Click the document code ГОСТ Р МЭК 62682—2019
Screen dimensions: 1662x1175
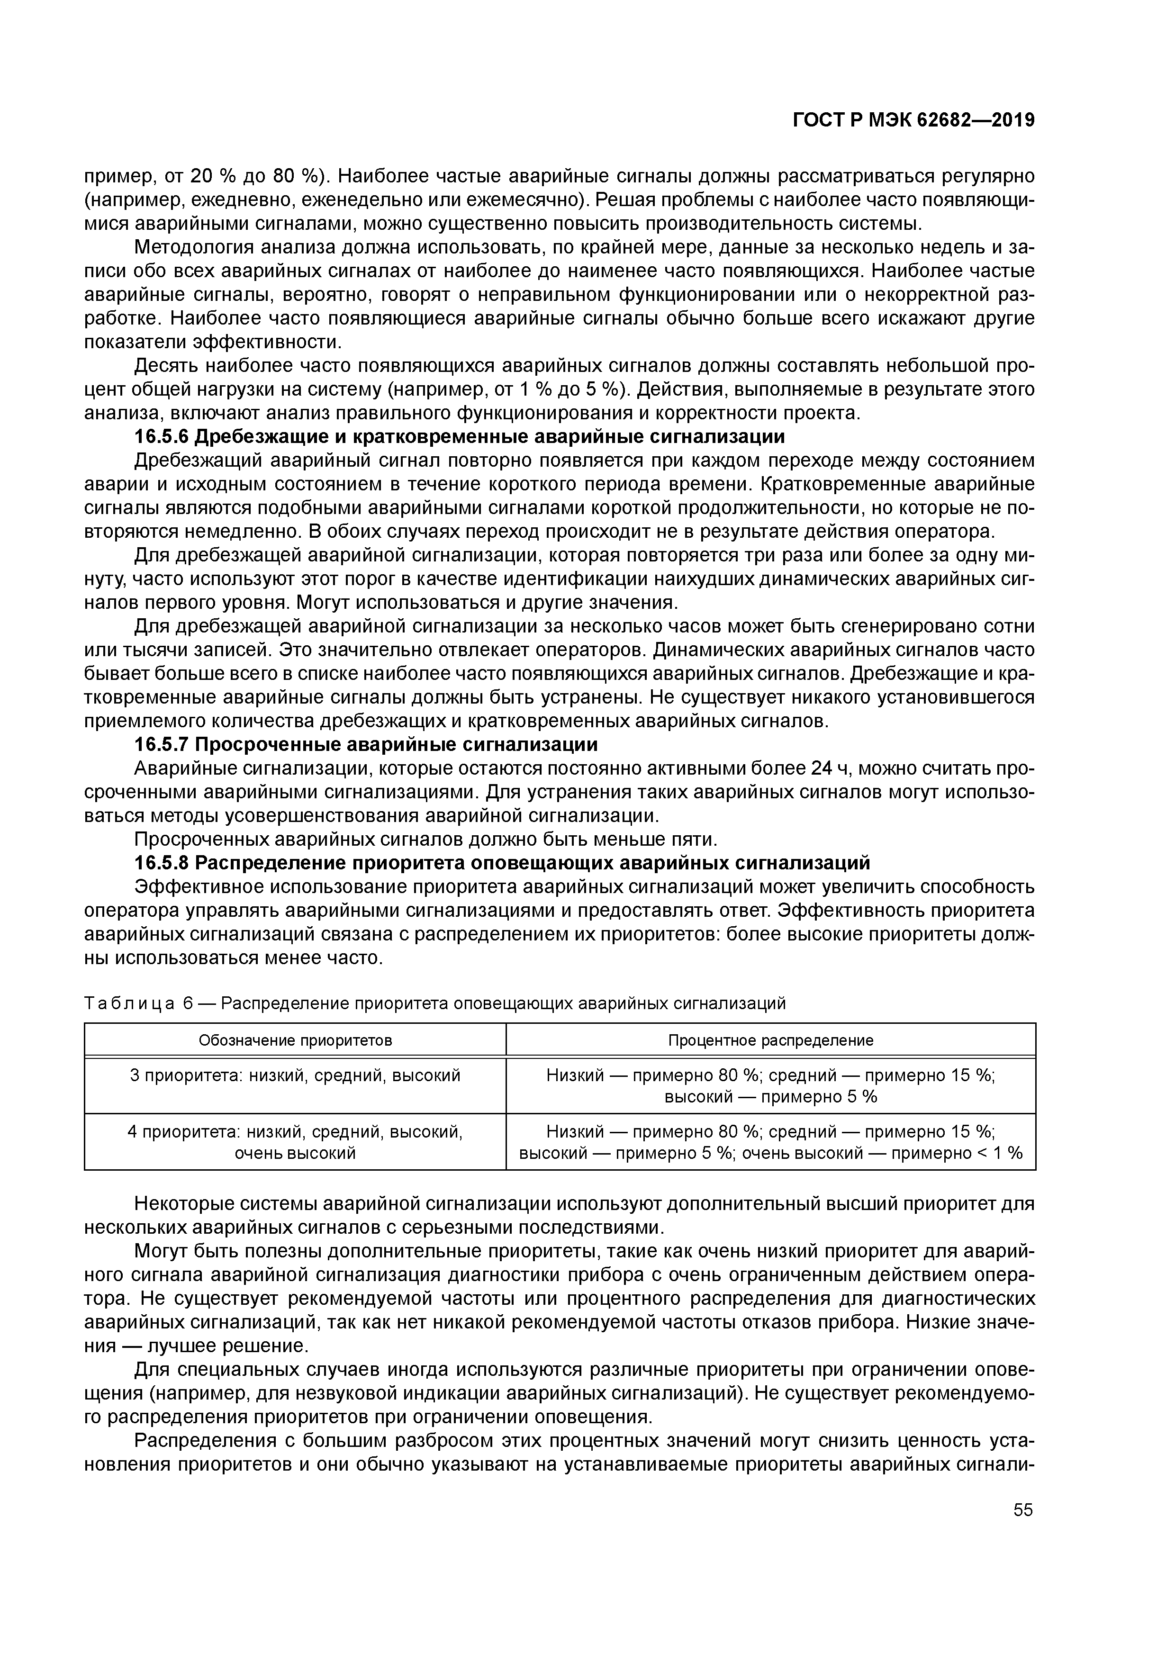pyautogui.click(x=913, y=121)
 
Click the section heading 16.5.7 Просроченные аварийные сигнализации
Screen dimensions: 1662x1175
pyautogui.click(x=366, y=744)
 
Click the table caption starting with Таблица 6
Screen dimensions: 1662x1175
pyautogui.click(x=434, y=1003)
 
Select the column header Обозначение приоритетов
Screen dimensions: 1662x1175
pyautogui.click(x=295, y=1040)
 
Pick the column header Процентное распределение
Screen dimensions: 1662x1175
pyautogui.click(x=770, y=1040)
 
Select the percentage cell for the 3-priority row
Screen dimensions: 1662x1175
pyautogui.click(x=770, y=1086)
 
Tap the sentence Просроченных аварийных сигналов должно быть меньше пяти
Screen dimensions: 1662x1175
pyautogui.click(x=425, y=839)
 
